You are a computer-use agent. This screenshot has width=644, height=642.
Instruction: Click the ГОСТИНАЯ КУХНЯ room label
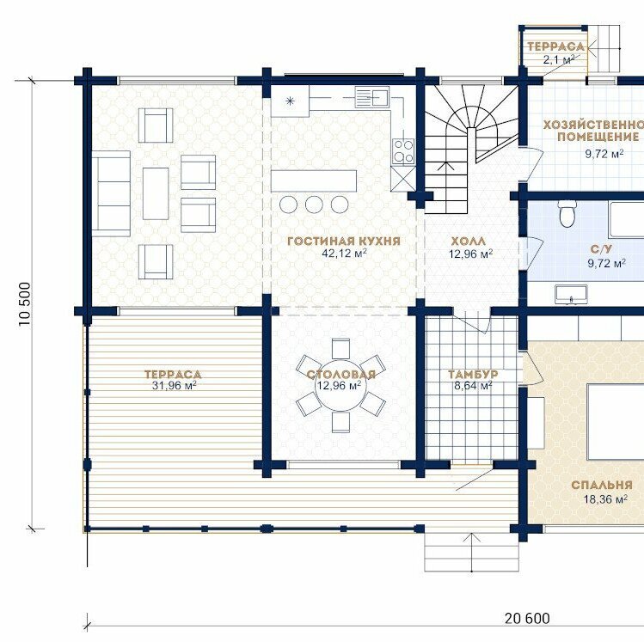[x=343, y=241]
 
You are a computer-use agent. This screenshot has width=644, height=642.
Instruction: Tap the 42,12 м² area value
[x=344, y=253]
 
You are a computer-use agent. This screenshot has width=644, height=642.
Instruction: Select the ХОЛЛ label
[x=469, y=241]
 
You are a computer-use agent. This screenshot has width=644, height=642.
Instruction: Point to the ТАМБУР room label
[x=473, y=375]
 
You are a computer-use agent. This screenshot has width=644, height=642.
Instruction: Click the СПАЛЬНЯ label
[x=602, y=486]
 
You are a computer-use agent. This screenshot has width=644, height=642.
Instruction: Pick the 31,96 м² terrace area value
[x=174, y=385]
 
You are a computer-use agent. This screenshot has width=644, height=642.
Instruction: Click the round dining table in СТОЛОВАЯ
[x=340, y=385]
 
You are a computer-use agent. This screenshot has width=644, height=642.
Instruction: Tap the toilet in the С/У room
[x=567, y=214]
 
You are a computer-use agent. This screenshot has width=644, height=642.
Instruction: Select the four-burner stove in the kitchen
[x=403, y=151]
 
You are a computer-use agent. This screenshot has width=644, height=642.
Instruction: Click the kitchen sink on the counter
[x=371, y=96]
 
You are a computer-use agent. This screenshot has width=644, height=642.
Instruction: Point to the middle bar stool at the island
[x=314, y=204]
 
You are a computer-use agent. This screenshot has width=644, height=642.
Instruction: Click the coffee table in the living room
[x=156, y=193]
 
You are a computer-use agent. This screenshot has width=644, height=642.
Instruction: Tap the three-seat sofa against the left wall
[x=111, y=193]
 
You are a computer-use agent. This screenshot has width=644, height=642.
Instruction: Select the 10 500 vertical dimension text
[x=25, y=304]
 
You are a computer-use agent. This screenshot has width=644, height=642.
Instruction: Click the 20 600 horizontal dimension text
[x=527, y=618]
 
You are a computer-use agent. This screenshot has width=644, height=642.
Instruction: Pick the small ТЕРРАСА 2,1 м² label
[x=555, y=53]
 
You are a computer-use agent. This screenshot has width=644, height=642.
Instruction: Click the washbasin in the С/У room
[x=571, y=294]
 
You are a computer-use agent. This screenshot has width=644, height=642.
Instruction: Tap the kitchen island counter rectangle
[x=313, y=180]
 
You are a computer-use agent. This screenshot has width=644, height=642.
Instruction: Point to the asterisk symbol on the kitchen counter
[x=290, y=101]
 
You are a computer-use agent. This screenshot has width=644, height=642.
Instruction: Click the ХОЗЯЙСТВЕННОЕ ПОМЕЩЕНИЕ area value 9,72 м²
[x=604, y=154]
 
